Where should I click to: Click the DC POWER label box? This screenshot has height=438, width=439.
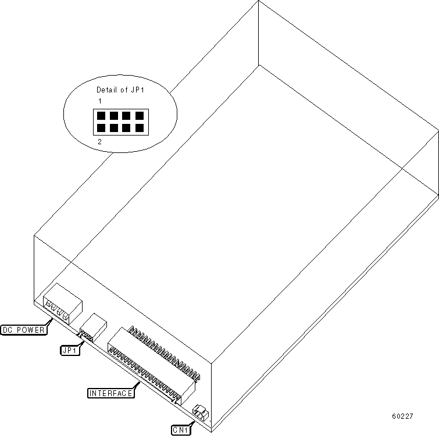tap(23, 330)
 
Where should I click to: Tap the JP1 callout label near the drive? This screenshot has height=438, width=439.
tap(71, 350)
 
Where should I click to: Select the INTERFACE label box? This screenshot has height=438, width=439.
tap(110, 393)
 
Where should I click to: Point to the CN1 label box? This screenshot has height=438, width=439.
tap(180, 430)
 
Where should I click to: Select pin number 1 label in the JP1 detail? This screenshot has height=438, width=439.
tap(100, 101)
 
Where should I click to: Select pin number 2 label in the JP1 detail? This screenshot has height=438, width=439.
tap(100, 141)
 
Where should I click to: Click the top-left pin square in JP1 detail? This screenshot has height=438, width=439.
tap(101, 115)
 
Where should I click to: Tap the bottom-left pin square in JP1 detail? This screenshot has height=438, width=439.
tap(101, 127)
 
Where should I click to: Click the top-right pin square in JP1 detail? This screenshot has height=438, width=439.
tap(139, 115)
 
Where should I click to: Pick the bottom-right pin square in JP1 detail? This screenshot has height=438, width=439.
tap(139, 127)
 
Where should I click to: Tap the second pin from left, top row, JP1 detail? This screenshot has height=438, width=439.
tap(114, 115)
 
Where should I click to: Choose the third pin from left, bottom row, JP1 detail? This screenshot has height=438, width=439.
tap(127, 127)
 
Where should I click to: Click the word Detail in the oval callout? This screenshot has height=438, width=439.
tap(106, 90)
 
